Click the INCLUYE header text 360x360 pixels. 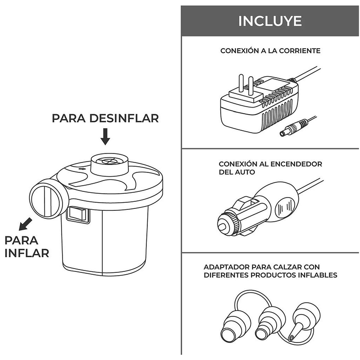coord(270,21)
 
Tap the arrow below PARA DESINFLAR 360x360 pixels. coord(105,137)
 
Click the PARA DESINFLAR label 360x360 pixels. coord(105,118)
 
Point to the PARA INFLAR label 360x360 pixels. coord(27,246)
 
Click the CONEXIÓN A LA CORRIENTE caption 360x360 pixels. coord(270,50)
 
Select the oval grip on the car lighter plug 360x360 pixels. coord(285,207)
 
